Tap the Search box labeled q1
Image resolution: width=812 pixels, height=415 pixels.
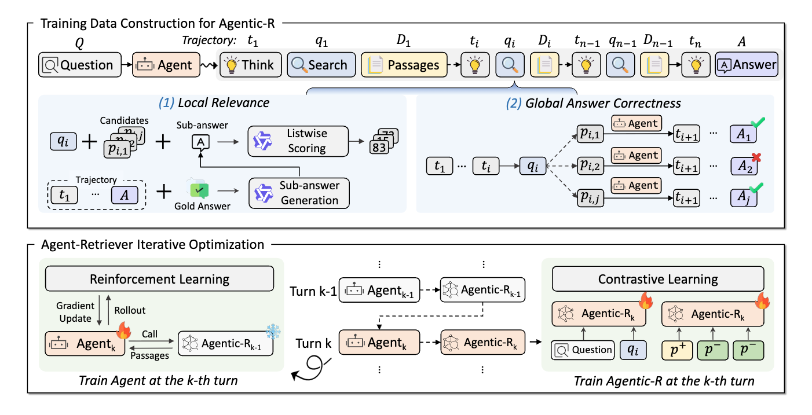[x=320, y=65]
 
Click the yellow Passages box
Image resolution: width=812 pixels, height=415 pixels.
[x=404, y=65]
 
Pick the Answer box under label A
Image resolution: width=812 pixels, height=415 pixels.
[x=747, y=65]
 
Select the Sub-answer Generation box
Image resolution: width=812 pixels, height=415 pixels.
[x=299, y=193]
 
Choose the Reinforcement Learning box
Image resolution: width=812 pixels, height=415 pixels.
[x=159, y=279]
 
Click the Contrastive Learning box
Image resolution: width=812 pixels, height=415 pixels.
[x=657, y=279]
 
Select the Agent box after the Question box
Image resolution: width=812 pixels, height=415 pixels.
[x=167, y=65]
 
